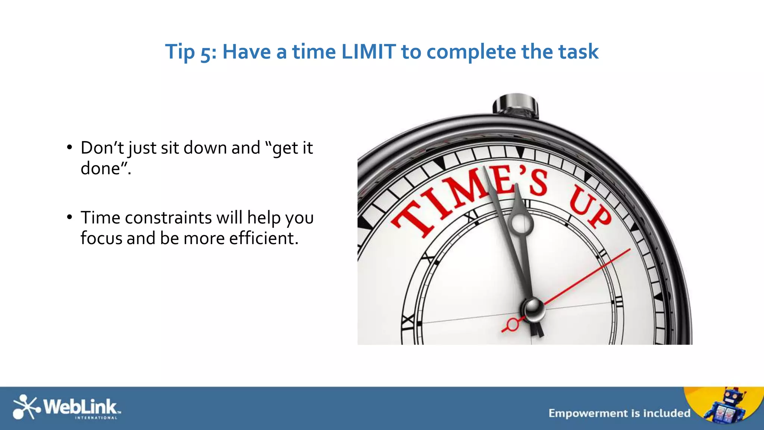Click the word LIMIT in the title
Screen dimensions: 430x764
[368, 52]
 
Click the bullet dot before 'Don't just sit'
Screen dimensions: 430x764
[69, 147]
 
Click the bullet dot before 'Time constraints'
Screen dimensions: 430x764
[69, 217]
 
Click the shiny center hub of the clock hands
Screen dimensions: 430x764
[533, 309]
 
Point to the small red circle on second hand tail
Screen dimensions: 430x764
[513, 324]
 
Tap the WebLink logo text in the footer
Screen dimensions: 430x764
[80, 406]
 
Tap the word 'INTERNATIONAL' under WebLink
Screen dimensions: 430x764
[96, 418]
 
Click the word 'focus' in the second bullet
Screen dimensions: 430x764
[101, 238]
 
